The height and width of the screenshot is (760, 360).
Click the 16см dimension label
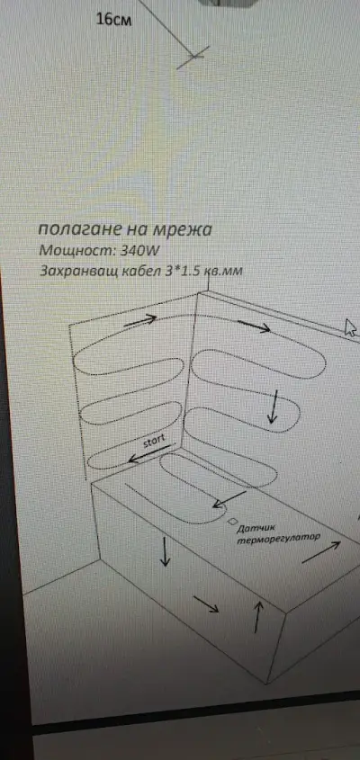point(113,20)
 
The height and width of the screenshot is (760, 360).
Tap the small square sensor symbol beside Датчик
point(232,521)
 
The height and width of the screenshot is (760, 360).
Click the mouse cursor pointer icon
point(350,327)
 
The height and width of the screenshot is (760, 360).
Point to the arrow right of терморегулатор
point(321,552)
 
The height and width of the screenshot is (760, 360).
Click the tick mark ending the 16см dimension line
point(193,58)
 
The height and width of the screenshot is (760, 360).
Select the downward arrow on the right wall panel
point(274,407)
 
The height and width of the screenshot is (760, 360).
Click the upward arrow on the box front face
point(258,617)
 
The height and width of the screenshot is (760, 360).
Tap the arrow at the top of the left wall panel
point(140,320)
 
